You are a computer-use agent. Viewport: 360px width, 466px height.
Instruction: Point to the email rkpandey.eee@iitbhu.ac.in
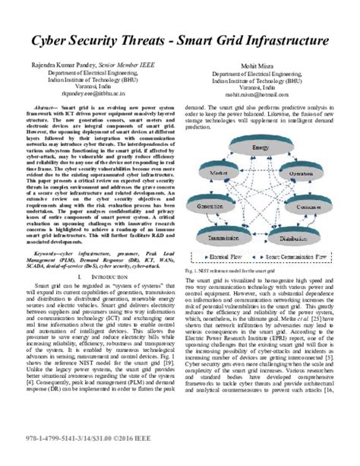click(x=89, y=100)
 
